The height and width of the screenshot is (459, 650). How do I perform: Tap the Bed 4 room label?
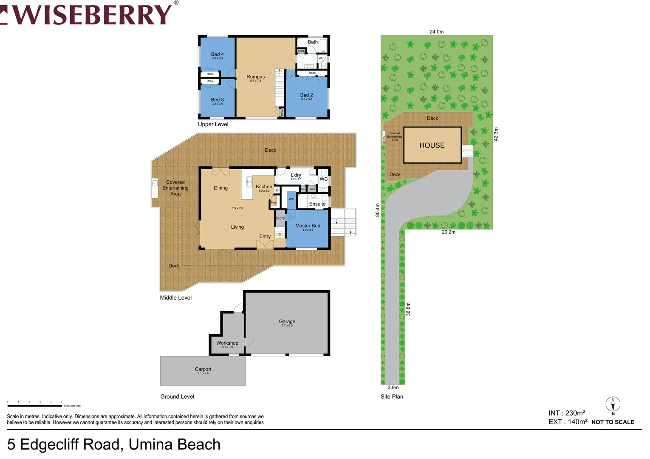pos(217,54)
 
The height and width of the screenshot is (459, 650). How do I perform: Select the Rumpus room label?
pos(255,77)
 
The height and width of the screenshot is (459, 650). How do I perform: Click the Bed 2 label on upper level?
pos(306,95)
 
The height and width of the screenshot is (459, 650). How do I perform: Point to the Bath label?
pos(313,42)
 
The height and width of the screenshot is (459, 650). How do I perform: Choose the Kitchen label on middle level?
pos(264,187)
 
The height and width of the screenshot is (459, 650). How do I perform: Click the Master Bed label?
pos(308,226)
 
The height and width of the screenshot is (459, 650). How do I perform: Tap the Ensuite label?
pos(317,204)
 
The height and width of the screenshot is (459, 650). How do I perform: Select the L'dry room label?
pos(296,175)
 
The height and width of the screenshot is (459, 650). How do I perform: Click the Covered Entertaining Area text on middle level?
pos(175,188)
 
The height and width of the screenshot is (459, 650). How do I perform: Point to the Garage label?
pos(287,322)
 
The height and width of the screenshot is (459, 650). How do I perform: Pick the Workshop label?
pos(227,343)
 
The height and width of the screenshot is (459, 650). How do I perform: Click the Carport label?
pos(203,369)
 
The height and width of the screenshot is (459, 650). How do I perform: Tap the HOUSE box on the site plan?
pos(432,145)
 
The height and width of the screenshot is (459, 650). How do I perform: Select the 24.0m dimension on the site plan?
pos(436,32)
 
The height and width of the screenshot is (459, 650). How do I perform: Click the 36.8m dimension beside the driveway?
pos(408,309)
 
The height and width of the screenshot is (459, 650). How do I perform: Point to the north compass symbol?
pos(613,405)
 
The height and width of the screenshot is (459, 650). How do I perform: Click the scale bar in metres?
pos(35,405)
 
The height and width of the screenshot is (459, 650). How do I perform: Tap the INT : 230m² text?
pos(567,413)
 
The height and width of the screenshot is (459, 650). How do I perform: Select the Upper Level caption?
pos(213,125)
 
